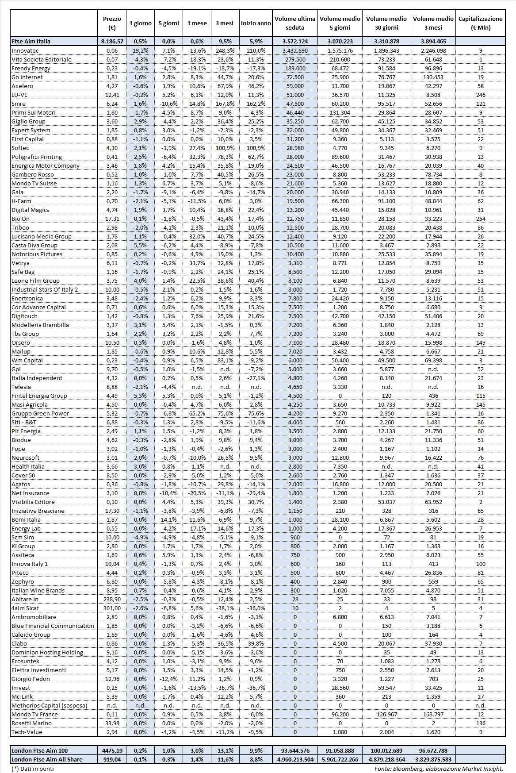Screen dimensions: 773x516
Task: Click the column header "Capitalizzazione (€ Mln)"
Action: click(x=480, y=23)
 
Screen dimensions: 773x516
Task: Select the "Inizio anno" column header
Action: click(x=256, y=23)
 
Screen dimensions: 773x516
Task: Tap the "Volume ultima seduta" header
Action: click(x=295, y=23)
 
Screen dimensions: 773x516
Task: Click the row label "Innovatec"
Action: click(x=25, y=50)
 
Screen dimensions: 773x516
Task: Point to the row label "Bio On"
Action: click(x=21, y=219)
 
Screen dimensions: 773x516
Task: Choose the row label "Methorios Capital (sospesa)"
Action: click(x=50, y=705)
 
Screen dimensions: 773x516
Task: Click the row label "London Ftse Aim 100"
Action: click(x=40, y=750)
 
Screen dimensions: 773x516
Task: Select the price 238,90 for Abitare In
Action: click(x=112, y=599)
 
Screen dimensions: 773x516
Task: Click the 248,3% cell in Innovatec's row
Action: click(x=225, y=50)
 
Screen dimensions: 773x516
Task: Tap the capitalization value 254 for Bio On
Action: click(x=481, y=219)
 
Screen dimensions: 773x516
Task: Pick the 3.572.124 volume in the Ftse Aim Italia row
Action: click(x=295, y=41)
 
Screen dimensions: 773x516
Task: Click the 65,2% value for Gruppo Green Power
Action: click(x=197, y=413)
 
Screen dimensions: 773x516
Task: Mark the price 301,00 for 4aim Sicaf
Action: click(x=112, y=608)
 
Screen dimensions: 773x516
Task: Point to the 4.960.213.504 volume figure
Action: click(x=295, y=759)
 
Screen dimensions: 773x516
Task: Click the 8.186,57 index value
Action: click(x=112, y=41)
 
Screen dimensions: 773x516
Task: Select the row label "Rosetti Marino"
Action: click(x=31, y=723)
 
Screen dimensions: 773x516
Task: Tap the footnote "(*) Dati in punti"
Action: click(x=33, y=769)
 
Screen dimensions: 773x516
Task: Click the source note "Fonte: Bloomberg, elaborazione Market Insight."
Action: click(x=439, y=769)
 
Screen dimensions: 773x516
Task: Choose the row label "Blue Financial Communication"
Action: click(x=53, y=626)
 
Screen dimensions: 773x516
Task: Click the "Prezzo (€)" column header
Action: click(x=112, y=23)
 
